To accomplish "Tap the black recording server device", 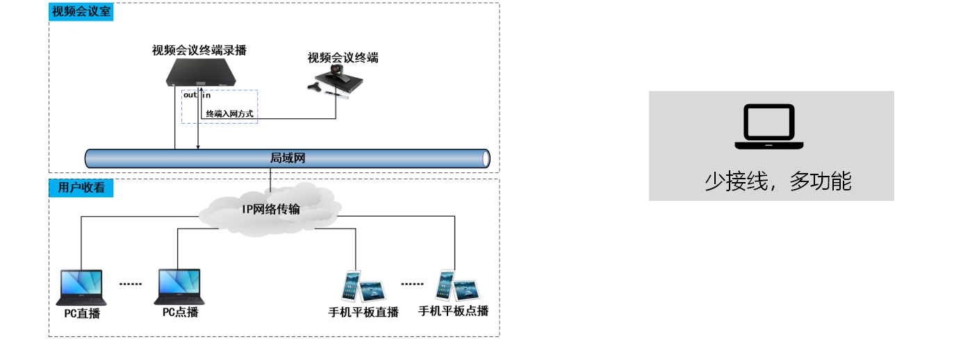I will (x=200, y=73).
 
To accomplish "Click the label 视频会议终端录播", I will (x=199, y=50).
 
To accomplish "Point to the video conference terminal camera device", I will (x=336, y=79).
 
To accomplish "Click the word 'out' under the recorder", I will (x=190, y=95).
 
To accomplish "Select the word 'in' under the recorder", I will (x=206, y=95).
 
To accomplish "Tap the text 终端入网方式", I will (x=229, y=113).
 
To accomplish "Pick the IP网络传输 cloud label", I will (x=271, y=208).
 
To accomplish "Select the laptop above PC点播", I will (x=179, y=287).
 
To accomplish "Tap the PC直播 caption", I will (x=82, y=313).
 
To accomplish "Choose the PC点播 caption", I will (x=181, y=312).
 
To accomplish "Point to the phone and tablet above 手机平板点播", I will (x=457, y=286).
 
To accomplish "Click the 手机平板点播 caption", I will (x=453, y=311).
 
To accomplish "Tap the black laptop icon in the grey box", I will (x=769, y=127).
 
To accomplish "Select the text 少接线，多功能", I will (x=778, y=181).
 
